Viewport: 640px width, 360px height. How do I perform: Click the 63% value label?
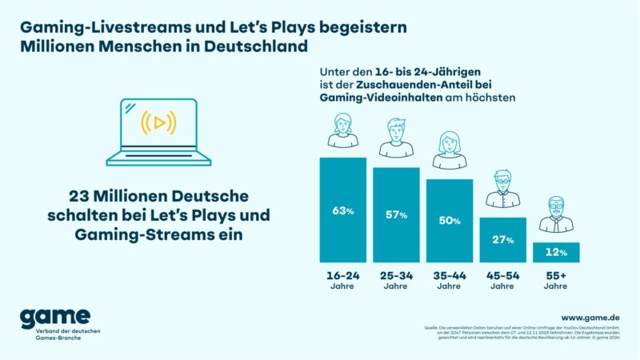pyautogui.click(x=342, y=210)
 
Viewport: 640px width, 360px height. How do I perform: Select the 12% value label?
pyautogui.click(x=557, y=253)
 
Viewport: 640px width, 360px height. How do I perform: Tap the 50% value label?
pyautogui.click(x=450, y=221)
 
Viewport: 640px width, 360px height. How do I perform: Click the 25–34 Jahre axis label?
pyautogui.click(x=396, y=279)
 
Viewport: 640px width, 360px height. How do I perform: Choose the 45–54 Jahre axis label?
pyautogui.click(x=502, y=279)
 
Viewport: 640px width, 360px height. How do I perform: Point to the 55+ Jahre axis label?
pyautogui.click(x=557, y=279)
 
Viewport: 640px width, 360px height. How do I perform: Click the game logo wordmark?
pyautogui.click(x=55, y=317)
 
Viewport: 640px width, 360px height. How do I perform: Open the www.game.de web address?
pyautogui.click(x=590, y=318)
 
